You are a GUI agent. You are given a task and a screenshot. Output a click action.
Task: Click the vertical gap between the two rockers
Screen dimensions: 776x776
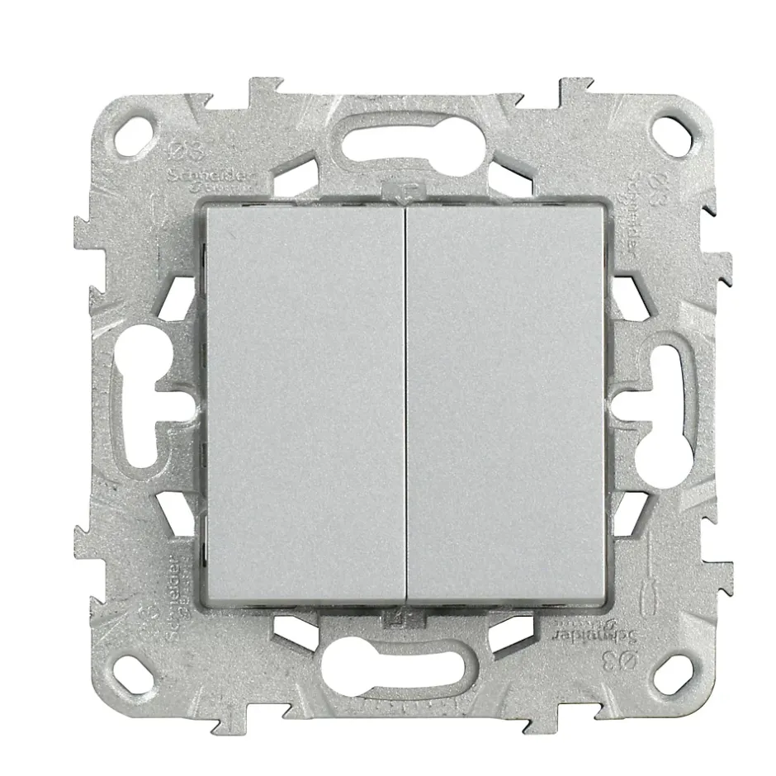coord(405,405)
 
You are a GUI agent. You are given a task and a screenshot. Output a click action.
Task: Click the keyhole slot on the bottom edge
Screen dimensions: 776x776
coord(405,661)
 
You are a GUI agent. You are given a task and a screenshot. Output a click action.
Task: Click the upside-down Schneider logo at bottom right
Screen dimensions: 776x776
coord(611,634)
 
